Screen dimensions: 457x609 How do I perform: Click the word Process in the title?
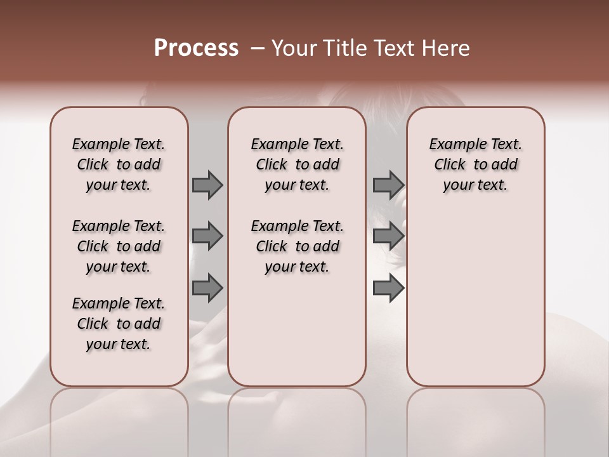tap(196, 48)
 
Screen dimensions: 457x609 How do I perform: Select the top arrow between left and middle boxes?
tap(207, 185)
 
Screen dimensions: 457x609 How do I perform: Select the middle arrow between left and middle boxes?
tap(207, 236)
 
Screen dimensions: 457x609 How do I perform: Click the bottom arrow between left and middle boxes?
tap(207, 288)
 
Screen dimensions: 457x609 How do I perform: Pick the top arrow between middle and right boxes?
tap(388, 185)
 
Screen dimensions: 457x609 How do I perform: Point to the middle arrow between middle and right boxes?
tap(388, 236)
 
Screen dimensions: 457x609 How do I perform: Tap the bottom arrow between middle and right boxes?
tap(388, 288)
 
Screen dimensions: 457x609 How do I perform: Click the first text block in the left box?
tap(119, 164)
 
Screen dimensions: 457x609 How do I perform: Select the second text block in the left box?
tap(119, 246)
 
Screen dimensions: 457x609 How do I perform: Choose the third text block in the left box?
tap(119, 324)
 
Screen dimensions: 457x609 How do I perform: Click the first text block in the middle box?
tap(297, 164)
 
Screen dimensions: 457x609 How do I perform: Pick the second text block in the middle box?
tap(297, 246)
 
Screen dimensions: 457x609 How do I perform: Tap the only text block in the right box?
tap(475, 164)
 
